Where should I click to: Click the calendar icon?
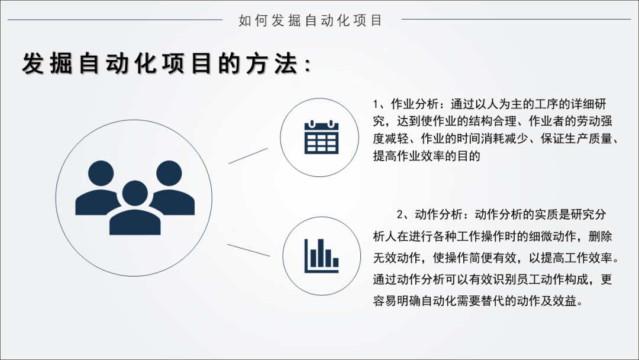coord(321,137)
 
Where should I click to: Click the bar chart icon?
coord(321,256)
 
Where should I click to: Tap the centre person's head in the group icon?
coord(135,193)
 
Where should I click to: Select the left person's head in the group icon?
coord(101,173)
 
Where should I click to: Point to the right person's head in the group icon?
coord(169,173)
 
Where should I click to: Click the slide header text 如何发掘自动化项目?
coord(311,20)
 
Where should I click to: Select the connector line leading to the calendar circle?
coord(248,156)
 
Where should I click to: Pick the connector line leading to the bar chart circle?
coord(248,250)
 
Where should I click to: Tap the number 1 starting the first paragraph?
coord(376,104)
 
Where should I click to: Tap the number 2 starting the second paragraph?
coord(400,215)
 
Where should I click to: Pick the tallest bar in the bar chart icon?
coord(321,252)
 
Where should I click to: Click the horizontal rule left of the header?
coord(115,20)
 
